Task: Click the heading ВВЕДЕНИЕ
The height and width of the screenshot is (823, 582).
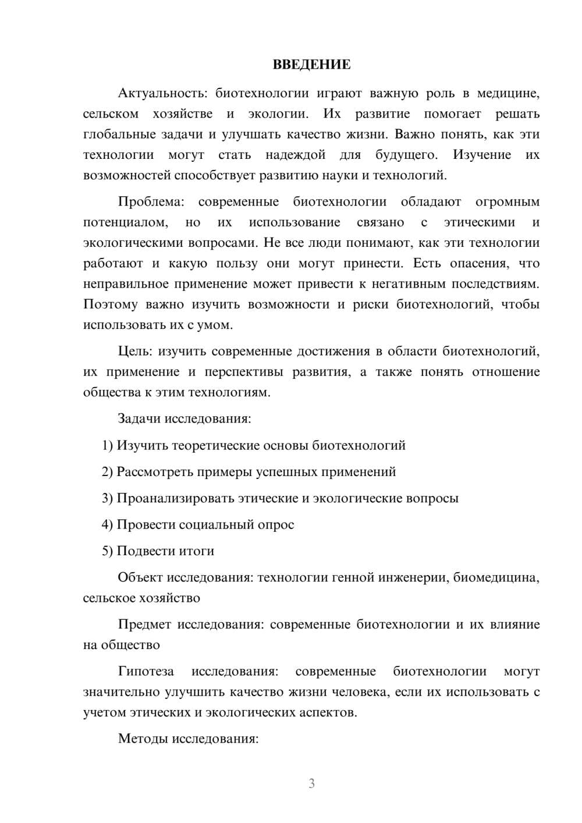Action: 311,65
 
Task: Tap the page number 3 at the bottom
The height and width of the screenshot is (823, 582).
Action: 311,783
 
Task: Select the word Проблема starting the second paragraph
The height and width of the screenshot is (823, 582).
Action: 151,202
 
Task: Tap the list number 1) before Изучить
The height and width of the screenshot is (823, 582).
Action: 107,445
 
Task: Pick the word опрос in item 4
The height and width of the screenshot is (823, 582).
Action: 276,524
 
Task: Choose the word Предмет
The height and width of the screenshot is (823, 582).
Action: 144,625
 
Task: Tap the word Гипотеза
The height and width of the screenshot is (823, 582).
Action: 145,671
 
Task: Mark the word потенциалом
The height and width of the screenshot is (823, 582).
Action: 125,222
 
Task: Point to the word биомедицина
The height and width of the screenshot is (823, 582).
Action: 495,577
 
